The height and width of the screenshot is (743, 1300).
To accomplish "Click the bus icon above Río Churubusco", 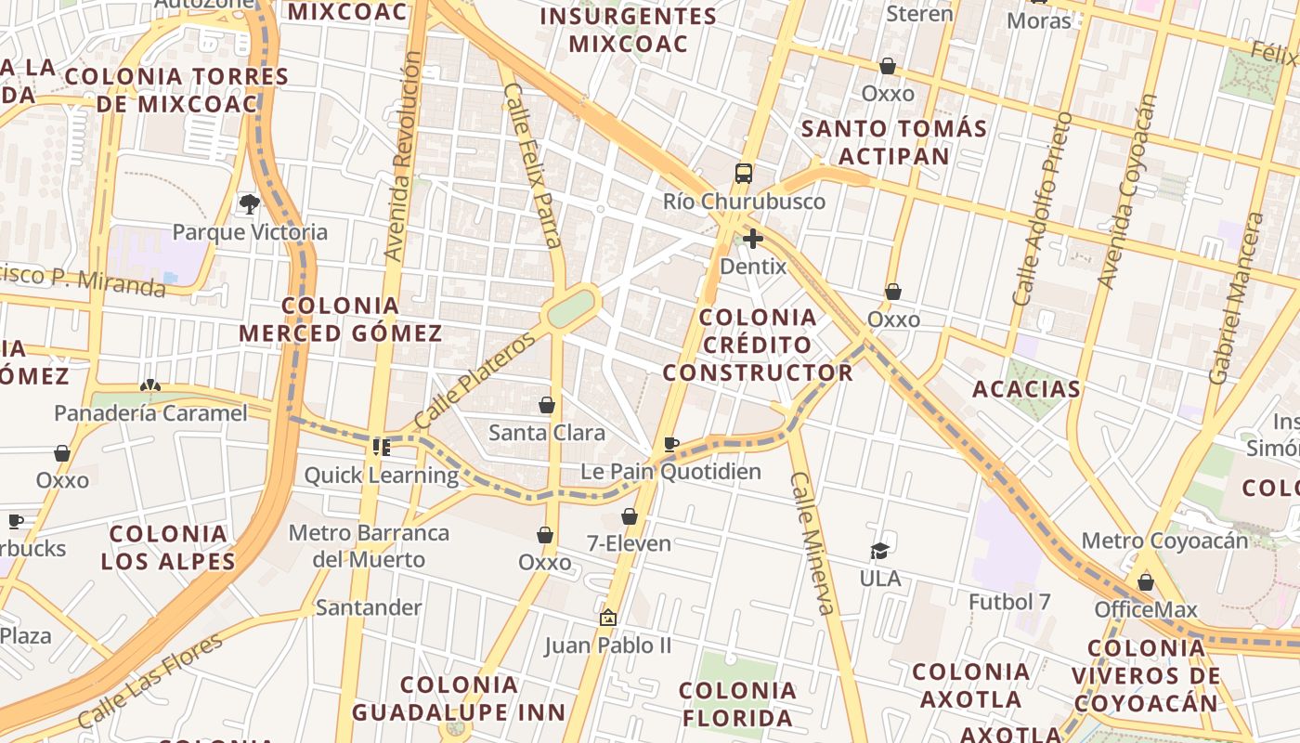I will (x=744, y=174).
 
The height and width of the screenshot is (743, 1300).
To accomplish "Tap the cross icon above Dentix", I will (x=753, y=239).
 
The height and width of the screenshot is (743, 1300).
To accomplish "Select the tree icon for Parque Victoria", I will (x=249, y=203).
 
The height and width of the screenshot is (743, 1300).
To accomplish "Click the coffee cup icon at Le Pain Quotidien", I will (x=671, y=444).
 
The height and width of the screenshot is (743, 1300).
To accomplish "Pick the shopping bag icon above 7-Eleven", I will (x=630, y=516).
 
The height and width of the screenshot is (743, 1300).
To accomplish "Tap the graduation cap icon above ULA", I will (x=879, y=552).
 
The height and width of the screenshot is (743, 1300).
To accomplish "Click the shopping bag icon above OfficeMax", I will (x=1146, y=582).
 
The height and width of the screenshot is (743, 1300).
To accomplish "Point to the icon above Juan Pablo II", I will (x=608, y=617).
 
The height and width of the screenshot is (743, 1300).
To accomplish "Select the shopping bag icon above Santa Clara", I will (x=547, y=405).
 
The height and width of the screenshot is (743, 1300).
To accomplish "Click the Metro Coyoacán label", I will (x=1164, y=541).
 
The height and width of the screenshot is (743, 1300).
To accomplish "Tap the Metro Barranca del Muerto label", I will (x=369, y=546).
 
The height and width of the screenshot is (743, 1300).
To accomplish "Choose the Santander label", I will (x=369, y=607).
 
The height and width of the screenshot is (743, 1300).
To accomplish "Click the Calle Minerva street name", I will (x=812, y=543).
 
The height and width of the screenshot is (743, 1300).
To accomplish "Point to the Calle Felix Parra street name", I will (x=533, y=166).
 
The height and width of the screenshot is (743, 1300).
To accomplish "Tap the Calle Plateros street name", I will (x=475, y=381).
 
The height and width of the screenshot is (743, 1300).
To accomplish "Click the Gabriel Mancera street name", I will (x=1237, y=298).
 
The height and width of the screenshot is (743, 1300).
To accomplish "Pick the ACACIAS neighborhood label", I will (x=1026, y=389).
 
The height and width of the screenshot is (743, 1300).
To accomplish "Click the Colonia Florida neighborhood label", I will (x=737, y=704).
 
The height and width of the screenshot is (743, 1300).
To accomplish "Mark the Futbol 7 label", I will (x=1009, y=602).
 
